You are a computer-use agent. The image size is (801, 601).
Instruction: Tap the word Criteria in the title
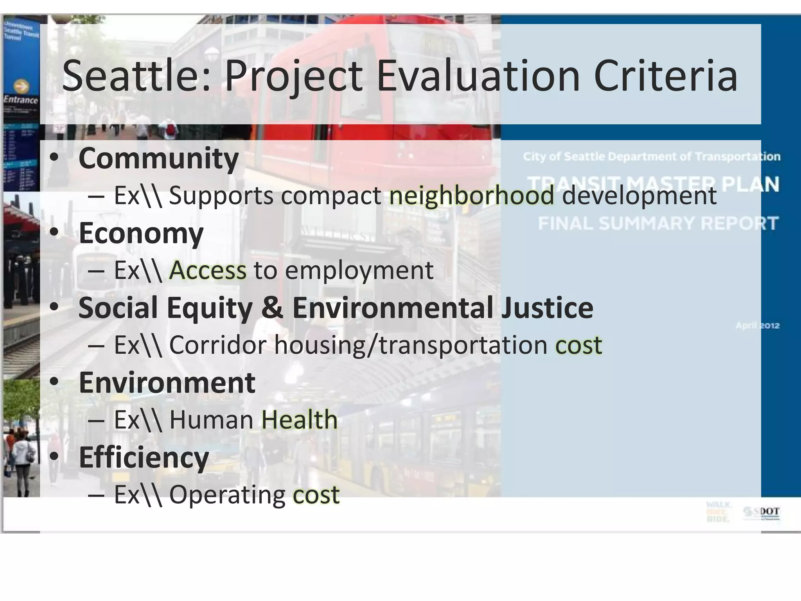coord(665,76)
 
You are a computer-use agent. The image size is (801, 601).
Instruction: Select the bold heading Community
coord(158,158)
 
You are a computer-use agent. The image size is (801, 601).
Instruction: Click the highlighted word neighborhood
coord(472,196)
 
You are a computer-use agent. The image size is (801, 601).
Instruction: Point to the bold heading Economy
coord(141,233)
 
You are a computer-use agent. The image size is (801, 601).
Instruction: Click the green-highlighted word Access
coord(208,270)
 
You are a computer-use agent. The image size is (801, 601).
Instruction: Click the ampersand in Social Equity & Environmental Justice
coord(272,308)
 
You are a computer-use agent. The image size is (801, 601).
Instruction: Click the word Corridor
coord(217,345)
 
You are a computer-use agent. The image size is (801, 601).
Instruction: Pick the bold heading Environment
coord(167,383)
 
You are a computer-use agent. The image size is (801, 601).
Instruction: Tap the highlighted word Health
coord(299,420)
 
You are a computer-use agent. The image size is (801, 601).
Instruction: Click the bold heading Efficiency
coord(144,457)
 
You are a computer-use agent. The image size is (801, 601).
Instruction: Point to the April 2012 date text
coord(757,326)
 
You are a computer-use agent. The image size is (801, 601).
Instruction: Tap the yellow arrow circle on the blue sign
coord(21,86)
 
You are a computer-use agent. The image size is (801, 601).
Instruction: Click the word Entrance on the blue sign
coord(21,100)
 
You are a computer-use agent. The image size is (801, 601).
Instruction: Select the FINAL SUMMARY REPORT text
coord(658,223)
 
